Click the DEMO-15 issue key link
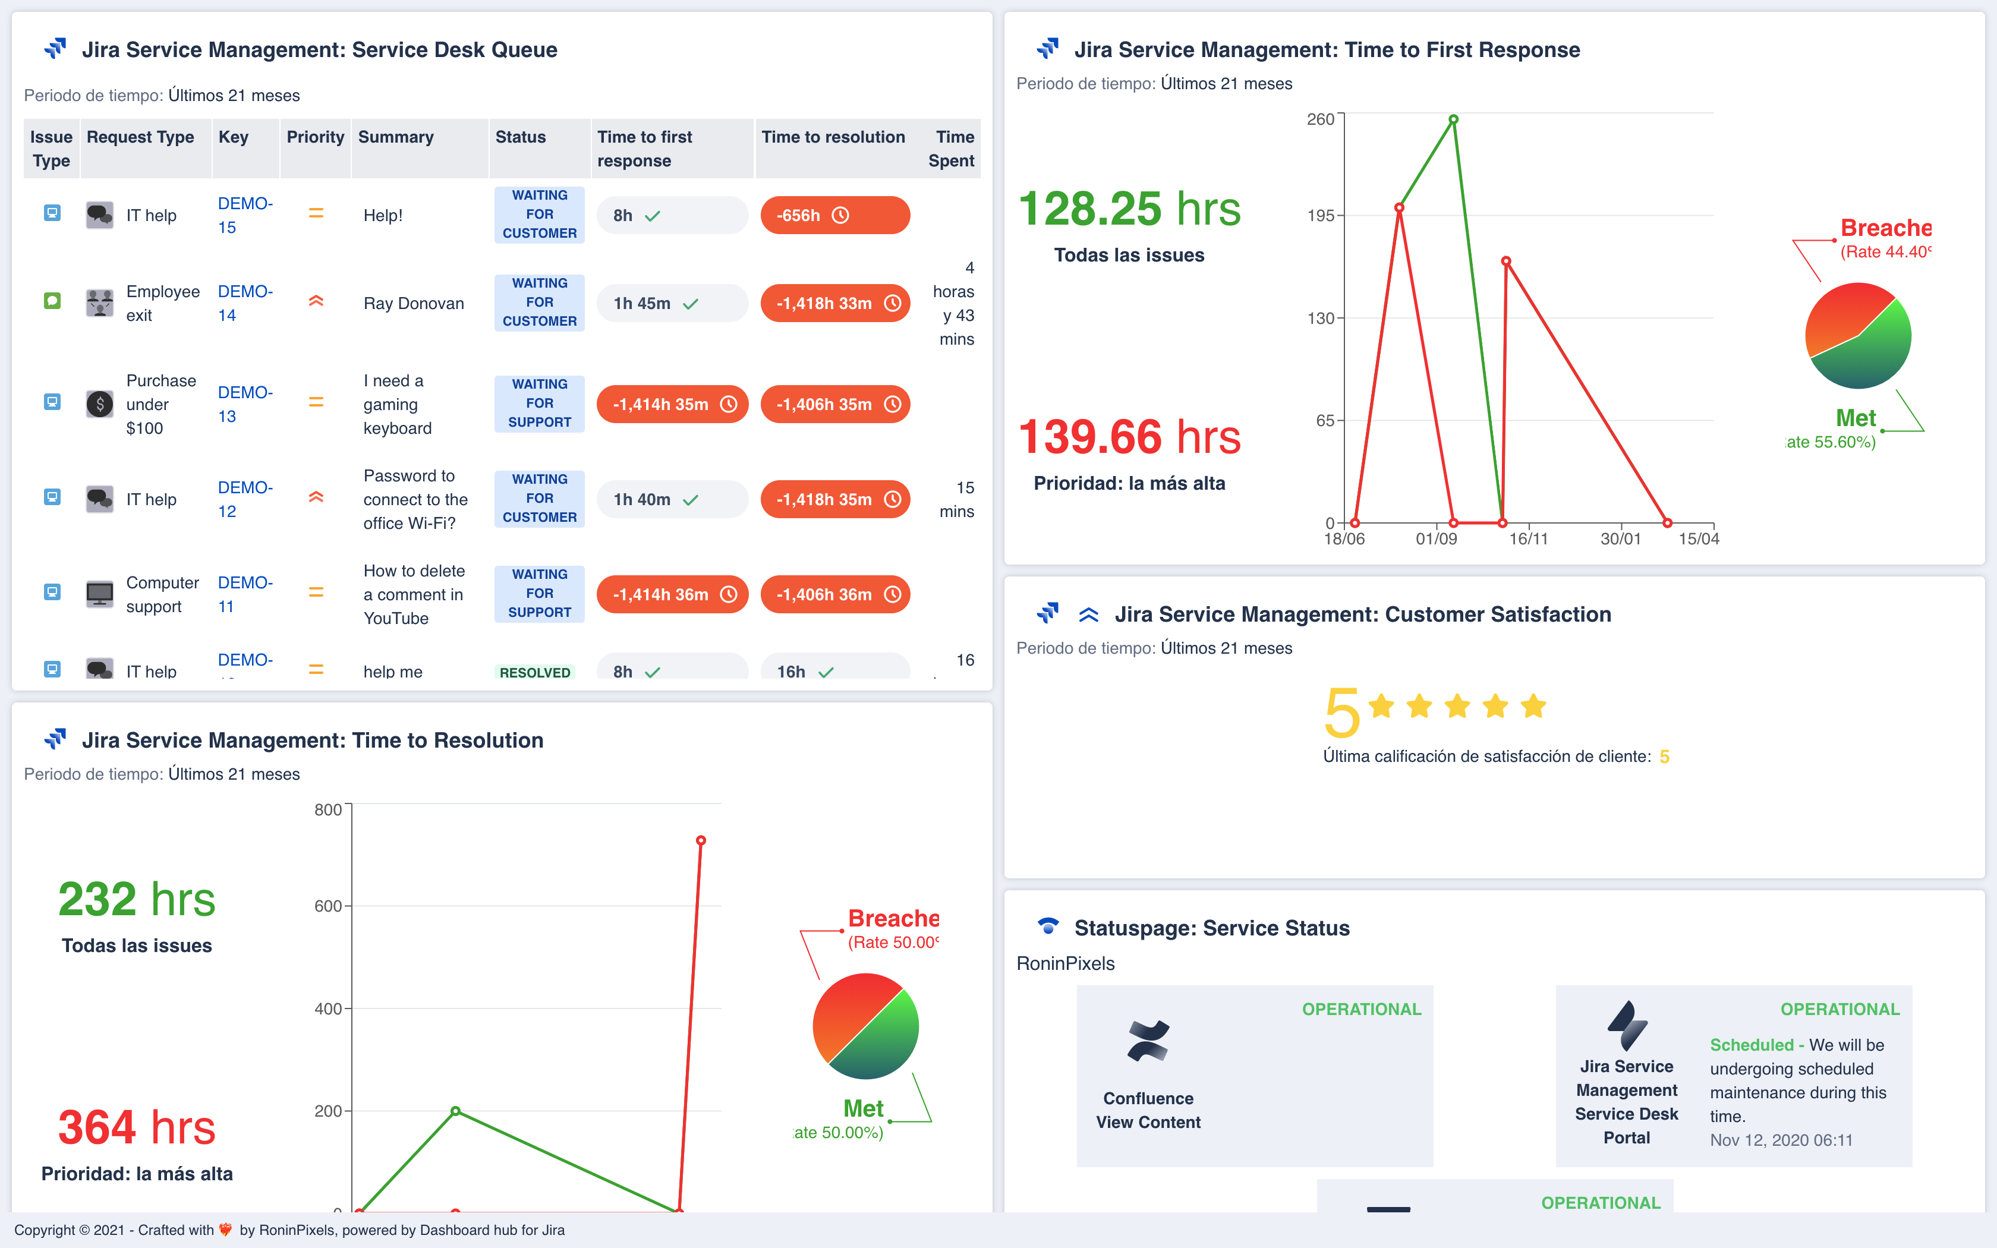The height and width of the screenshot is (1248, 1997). coord(244,215)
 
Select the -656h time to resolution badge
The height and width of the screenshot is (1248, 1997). coord(834,215)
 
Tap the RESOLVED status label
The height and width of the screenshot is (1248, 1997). coord(535,672)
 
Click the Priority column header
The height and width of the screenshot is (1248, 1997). coord(314,137)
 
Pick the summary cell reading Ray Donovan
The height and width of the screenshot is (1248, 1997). coord(414,304)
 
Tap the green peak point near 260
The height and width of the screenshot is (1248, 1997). coord(1453,119)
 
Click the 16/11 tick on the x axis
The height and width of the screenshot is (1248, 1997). coord(1527,539)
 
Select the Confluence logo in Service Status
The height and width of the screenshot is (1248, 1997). coord(1148,1040)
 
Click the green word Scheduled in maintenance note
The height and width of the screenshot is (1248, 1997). coord(1751,1045)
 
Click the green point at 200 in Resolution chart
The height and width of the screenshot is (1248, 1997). coord(455,1111)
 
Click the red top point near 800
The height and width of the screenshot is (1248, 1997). coord(701,840)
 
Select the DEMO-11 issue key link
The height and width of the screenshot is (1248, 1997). coord(244,594)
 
